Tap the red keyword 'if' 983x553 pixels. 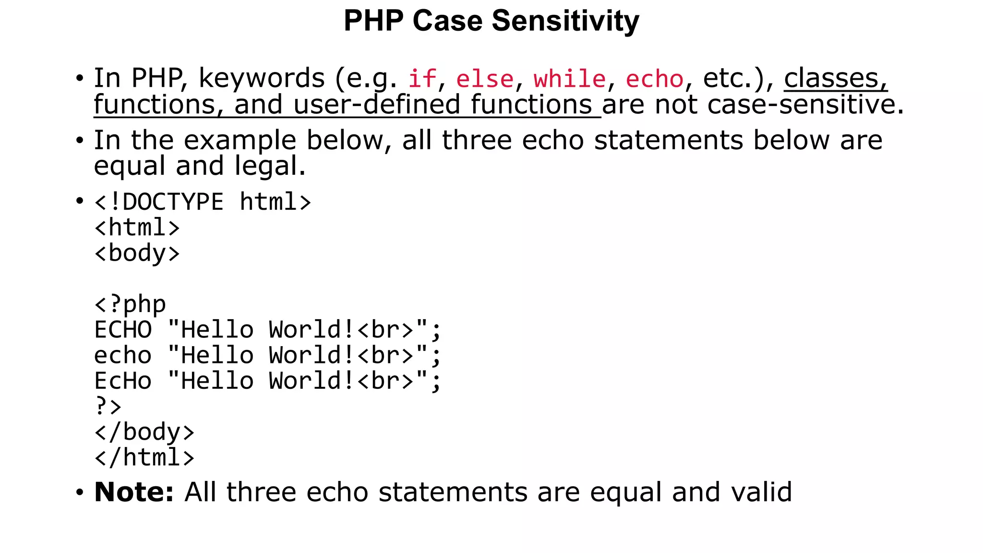(x=422, y=79)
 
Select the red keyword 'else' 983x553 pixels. (x=485, y=79)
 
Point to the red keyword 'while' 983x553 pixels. (x=570, y=79)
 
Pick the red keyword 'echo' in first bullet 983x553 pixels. (x=654, y=79)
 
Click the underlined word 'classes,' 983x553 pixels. (x=836, y=78)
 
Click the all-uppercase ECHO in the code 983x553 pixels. (x=123, y=330)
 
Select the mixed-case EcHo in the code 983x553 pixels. (x=123, y=381)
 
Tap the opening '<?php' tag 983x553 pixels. (x=130, y=304)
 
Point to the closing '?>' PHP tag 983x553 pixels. (x=108, y=407)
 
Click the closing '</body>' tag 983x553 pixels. (x=144, y=432)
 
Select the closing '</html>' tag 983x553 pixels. (x=144, y=457)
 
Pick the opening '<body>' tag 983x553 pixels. (x=137, y=253)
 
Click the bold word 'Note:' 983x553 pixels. (x=134, y=492)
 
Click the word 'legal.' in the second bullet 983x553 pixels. (x=270, y=166)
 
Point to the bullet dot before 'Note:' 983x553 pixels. (x=80, y=492)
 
